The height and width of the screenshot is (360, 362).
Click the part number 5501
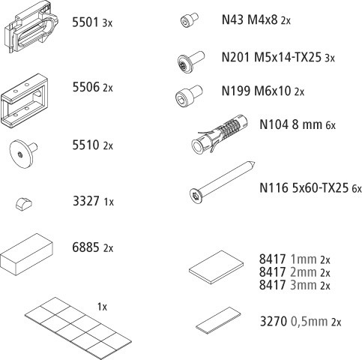pyautogui.click(x=85, y=22)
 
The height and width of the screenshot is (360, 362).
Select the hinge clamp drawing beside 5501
pyautogui.click(x=31, y=26)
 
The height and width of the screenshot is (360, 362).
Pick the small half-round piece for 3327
pyautogui.click(x=24, y=203)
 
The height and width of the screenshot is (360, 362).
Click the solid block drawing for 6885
pyautogui.click(x=26, y=254)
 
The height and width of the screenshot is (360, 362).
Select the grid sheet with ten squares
pyautogui.click(x=78, y=328)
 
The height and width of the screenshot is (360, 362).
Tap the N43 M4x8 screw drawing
pyautogui.click(x=190, y=20)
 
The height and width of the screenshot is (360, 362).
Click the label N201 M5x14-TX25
pyautogui.click(x=271, y=57)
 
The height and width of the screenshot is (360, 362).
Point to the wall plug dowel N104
pyautogui.click(x=220, y=133)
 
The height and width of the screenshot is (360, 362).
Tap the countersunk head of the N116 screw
pyautogui.click(x=196, y=196)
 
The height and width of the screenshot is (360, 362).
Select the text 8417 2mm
pyautogui.click(x=288, y=272)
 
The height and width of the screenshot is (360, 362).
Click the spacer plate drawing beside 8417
pyautogui.click(x=217, y=267)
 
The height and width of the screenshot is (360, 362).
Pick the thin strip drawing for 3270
pyautogui.click(x=218, y=320)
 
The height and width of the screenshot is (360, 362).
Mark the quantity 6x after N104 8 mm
pyautogui.click(x=331, y=125)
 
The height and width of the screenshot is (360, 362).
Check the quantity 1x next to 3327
pyautogui.click(x=109, y=202)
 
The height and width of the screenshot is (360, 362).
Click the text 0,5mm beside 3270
pyautogui.click(x=309, y=322)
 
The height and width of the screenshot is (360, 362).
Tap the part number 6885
pyautogui.click(x=85, y=247)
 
